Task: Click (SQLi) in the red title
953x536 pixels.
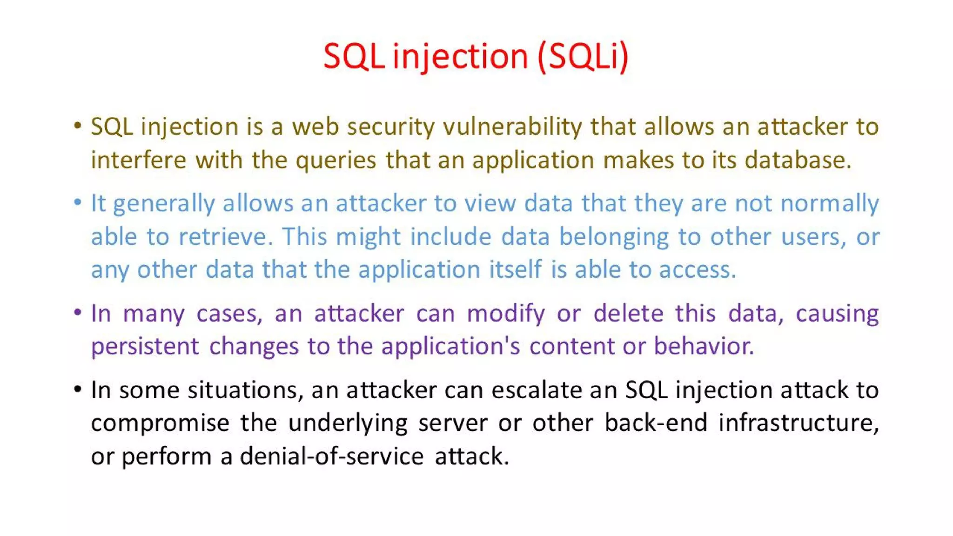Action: click(x=583, y=57)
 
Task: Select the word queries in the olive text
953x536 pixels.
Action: click(x=336, y=161)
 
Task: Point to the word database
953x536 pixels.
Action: click(x=798, y=161)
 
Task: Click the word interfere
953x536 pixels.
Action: click(x=138, y=161)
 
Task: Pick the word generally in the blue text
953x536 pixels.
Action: click(x=164, y=204)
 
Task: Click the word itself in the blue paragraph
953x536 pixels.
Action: click(x=515, y=270)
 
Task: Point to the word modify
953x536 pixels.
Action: click(x=505, y=314)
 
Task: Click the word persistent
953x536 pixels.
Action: click(x=145, y=347)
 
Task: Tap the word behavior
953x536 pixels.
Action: click(x=704, y=347)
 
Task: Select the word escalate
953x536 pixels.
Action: click(x=537, y=390)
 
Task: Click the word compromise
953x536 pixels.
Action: click(x=160, y=423)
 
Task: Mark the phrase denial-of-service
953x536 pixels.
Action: click(x=331, y=456)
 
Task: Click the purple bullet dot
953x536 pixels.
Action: click(x=78, y=312)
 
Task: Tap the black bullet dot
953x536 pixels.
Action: click(x=78, y=389)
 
